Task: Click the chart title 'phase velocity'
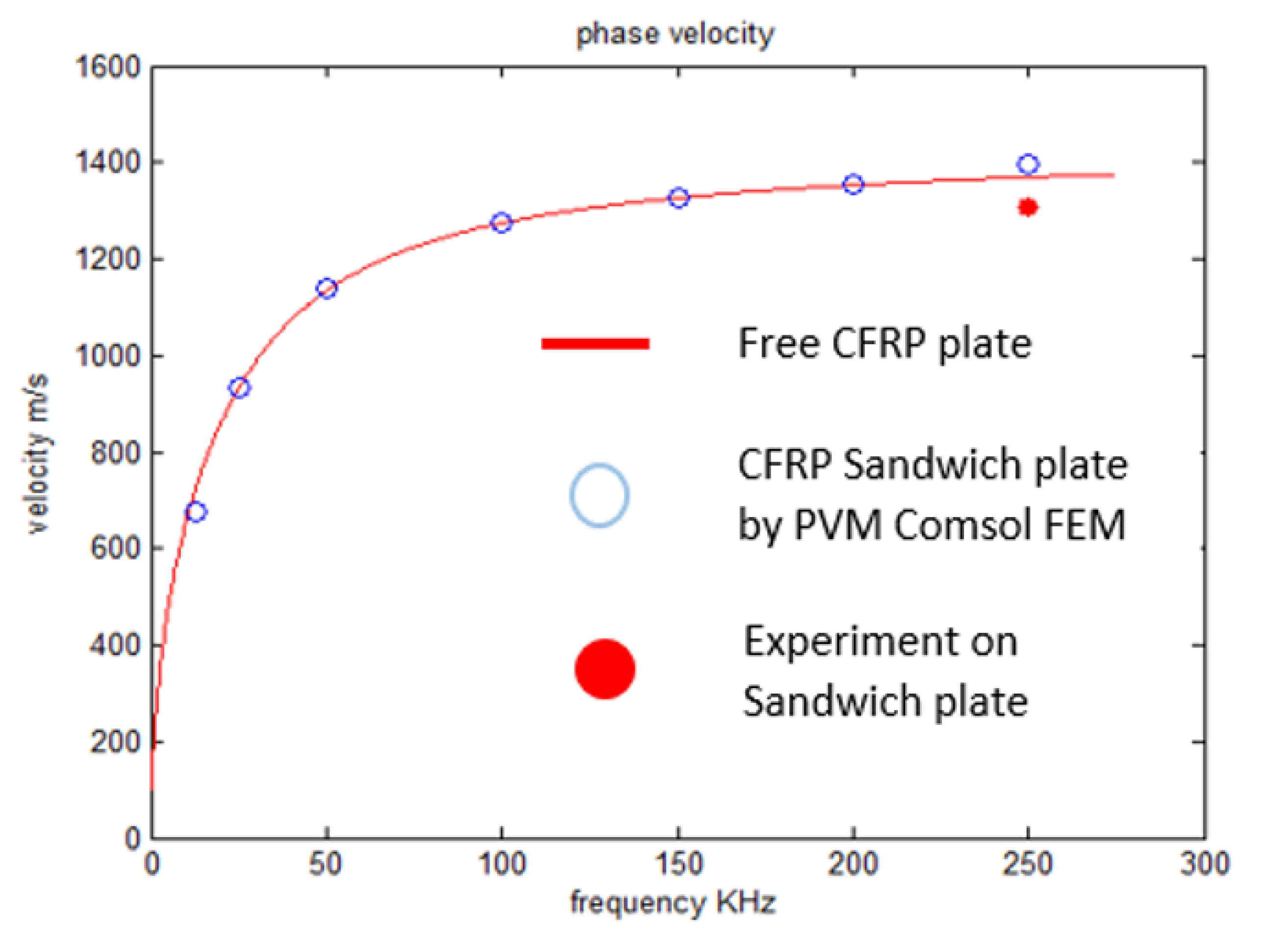click(674, 34)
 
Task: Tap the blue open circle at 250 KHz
click(1028, 164)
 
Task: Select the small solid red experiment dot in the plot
click(1028, 207)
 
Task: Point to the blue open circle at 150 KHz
click(678, 198)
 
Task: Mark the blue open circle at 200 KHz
click(853, 184)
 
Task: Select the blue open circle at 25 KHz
click(240, 388)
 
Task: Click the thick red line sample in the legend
click(594, 343)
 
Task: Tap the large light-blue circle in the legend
click(599, 495)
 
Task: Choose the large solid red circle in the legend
click(604, 669)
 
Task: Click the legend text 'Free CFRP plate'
click(884, 344)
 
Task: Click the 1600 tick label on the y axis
click(108, 67)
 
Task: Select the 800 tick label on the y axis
click(115, 453)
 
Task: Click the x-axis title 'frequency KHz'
click(673, 903)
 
